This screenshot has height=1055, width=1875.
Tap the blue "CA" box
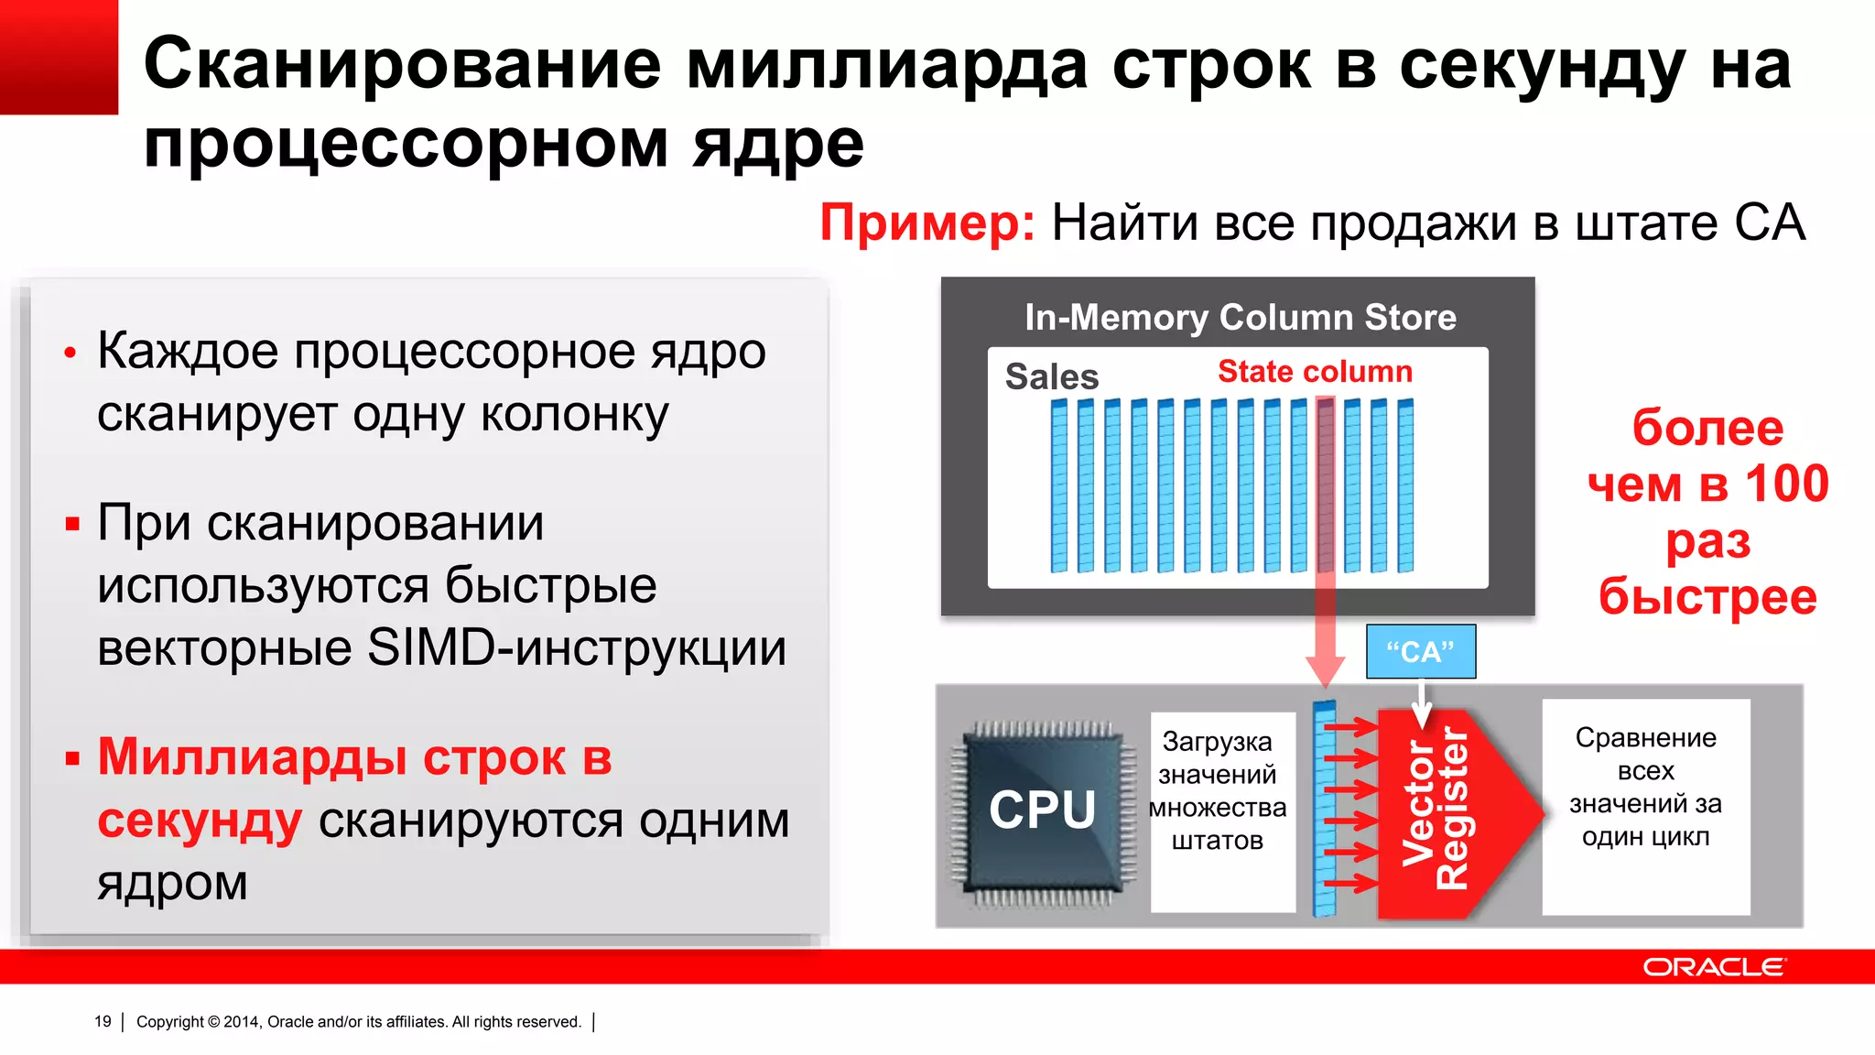(x=1420, y=651)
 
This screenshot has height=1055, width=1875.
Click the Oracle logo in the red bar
(x=1713, y=967)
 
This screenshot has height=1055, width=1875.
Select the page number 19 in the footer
(x=103, y=1021)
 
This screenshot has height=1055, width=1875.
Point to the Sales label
(x=1051, y=376)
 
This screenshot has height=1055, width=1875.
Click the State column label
(x=1315, y=371)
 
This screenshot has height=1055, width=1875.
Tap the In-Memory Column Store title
(x=1240, y=317)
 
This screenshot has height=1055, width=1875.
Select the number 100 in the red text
(x=1786, y=484)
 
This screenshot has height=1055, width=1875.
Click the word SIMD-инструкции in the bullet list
(x=577, y=648)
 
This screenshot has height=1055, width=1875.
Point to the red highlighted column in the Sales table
(x=1325, y=485)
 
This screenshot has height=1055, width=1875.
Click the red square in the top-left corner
(x=59, y=57)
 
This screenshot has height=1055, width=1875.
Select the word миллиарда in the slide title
(x=886, y=66)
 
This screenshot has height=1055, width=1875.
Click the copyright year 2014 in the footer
(x=242, y=1021)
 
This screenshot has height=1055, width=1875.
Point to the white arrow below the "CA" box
(x=1421, y=702)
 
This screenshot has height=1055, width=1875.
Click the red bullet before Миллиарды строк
(x=72, y=758)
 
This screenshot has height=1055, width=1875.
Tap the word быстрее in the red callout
(x=1707, y=596)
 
